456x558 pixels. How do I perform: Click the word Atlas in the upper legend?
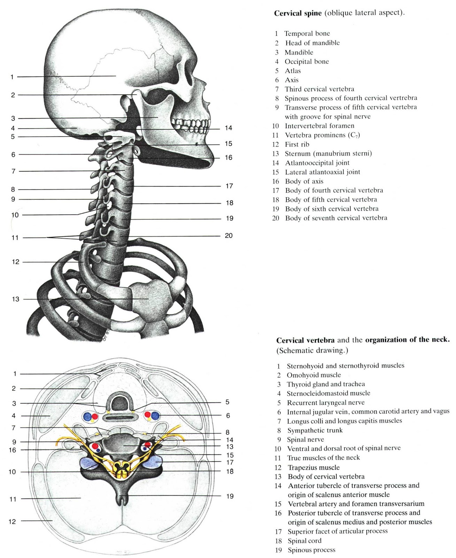[293, 71]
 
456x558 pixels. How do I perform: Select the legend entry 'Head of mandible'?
[312, 43]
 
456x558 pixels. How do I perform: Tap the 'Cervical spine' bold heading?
[298, 14]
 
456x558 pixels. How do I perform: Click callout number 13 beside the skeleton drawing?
[16, 299]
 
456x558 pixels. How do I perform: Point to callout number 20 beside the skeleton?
[229, 236]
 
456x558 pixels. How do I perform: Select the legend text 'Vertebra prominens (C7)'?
[322, 135]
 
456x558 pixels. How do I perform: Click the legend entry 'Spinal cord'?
[304, 541]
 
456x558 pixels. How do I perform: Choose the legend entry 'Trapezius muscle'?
[313, 468]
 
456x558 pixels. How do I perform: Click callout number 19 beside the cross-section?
[230, 496]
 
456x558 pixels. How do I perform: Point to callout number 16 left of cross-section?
[13, 450]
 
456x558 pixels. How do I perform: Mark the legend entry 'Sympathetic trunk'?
[315, 431]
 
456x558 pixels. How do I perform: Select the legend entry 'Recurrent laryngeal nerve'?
[326, 403]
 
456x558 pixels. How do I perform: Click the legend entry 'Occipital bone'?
[307, 62]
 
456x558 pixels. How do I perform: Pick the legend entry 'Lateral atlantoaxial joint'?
[322, 172]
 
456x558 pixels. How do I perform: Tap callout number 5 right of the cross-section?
[227, 402]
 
